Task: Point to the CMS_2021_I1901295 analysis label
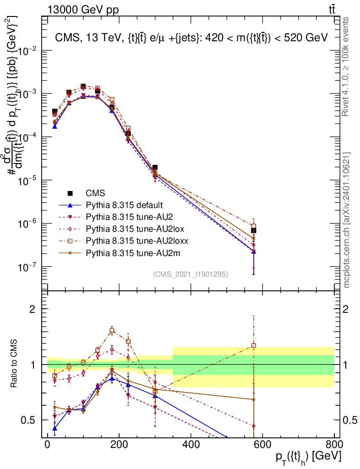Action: tap(190, 274)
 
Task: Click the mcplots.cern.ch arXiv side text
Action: tap(347, 220)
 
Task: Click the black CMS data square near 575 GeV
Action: tap(254, 230)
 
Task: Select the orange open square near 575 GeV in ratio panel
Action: tap(254, 346)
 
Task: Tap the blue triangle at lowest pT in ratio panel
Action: tap(55, 429)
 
